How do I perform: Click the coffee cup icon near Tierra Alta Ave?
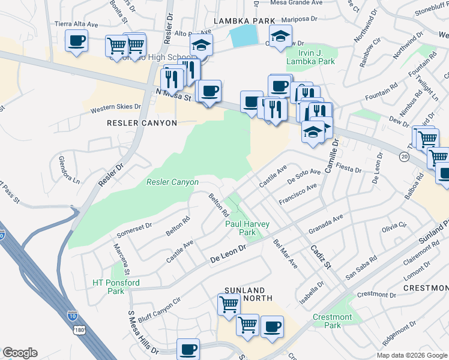click(x=77, y=41)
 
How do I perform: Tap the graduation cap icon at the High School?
click(x=202, y=46)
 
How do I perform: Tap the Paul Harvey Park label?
click(x=247, y=228)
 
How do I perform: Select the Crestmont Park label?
click(x=332, y=321)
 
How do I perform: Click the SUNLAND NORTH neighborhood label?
click(x=249, y=294)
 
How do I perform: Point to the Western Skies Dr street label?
click(x=115, y=109)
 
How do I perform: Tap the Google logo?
click(x=20, y=353)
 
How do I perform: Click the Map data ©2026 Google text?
click(x=411, y=355)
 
